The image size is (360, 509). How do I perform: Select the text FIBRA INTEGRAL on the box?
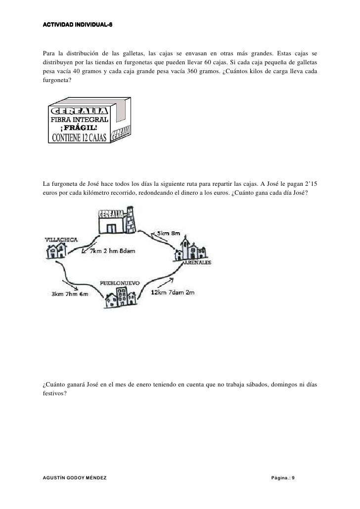(78, 120)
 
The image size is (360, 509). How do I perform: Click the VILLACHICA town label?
(61, 240)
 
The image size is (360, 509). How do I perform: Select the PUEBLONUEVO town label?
(120, 283)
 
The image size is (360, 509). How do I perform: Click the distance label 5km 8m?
(168, 233)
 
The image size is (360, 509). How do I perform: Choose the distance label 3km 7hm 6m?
(70, 294)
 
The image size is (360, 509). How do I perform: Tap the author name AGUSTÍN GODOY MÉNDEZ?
(75, 478)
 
